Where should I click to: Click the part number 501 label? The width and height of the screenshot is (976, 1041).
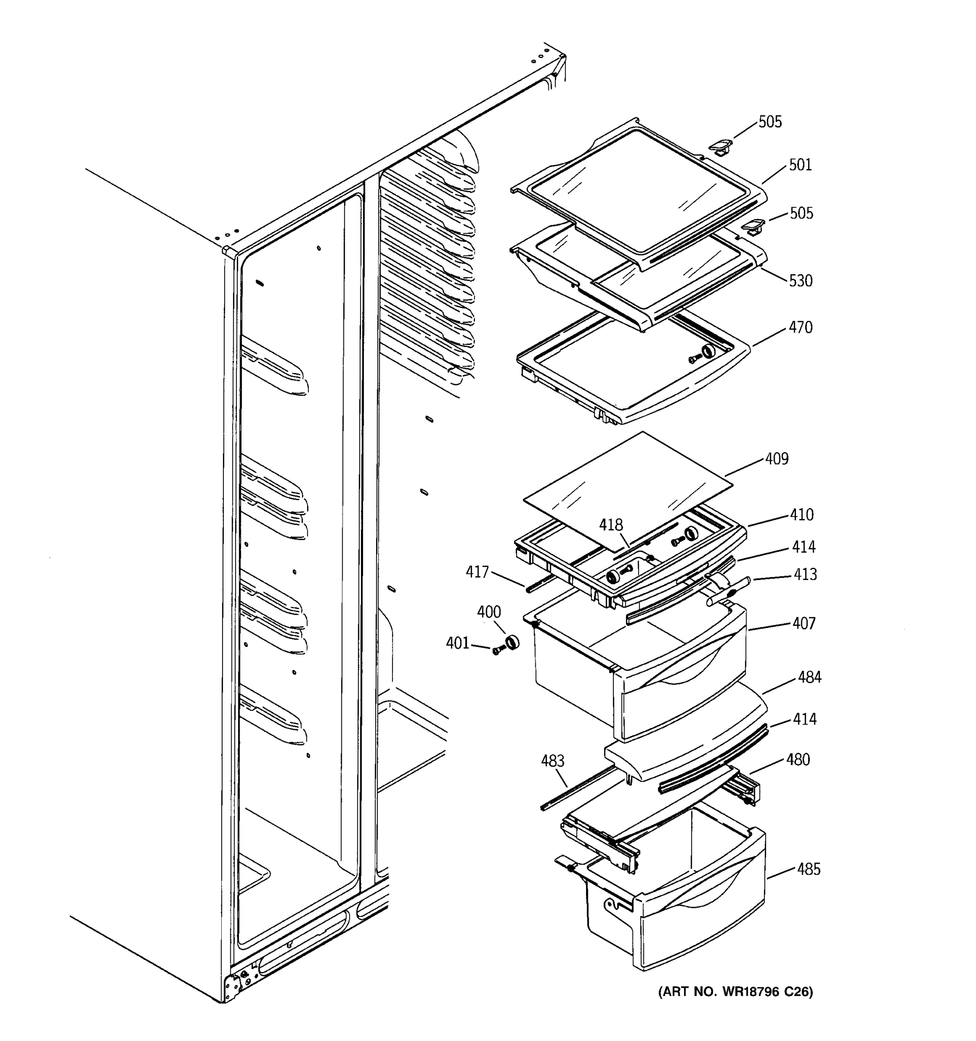[x=800, y=165]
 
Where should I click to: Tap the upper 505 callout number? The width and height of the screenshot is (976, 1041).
[x=770, y=122]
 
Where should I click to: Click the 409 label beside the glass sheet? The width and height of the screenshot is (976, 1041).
[x=776, y=459]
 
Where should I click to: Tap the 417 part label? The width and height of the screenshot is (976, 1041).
[x=477, y=573]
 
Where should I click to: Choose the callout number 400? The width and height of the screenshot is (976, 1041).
[x=488, y=612]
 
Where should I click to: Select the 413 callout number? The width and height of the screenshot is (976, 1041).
[x=805, y=575]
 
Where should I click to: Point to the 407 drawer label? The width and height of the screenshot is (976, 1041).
[x=804, y=624]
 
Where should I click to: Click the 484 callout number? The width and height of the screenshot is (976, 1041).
[x=809, y=678]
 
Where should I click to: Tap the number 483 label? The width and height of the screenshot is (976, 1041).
[x=552, y=761]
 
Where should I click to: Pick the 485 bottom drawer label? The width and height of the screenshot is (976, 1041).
[x=809, y=870]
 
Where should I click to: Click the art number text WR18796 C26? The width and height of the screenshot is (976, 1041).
[x=735, y=992]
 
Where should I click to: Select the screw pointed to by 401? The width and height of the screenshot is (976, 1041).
[x=497, y=650]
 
